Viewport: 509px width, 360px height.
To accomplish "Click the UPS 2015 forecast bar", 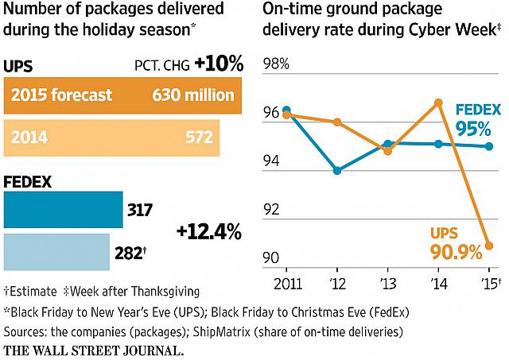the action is tap(122, 95).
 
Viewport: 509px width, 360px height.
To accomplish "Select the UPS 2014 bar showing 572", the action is tap(111, 137).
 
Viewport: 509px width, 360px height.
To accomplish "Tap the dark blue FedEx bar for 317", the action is tap(64, 210).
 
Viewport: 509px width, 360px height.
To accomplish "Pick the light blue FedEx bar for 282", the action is tap(56, 252).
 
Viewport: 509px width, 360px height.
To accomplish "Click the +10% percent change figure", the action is tap(219, 64).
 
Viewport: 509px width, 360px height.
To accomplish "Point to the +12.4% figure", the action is tap(209, 231).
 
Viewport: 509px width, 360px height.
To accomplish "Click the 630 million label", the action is tap(193, 95).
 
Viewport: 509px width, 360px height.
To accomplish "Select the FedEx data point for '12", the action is tap(337, 170).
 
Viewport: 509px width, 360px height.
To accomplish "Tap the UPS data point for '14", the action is tap(438, 103).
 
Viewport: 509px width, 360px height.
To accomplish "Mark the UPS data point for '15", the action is tap(489, 246).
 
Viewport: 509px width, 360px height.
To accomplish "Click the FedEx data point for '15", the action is tap(489, 146).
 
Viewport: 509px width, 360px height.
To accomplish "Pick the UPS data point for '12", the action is tap(337, 122).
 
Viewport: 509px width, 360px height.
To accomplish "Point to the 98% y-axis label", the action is tap(276, 64).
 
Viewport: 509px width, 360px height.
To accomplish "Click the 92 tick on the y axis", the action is tap(271, 210).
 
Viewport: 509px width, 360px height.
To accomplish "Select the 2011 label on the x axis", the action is tap(288, 284).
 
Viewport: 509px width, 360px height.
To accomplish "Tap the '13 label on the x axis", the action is tap(388, 284).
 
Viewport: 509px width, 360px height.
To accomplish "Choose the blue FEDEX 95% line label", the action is tap(478, 120).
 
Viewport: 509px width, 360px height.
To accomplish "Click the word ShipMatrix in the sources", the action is tap(222, 331).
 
